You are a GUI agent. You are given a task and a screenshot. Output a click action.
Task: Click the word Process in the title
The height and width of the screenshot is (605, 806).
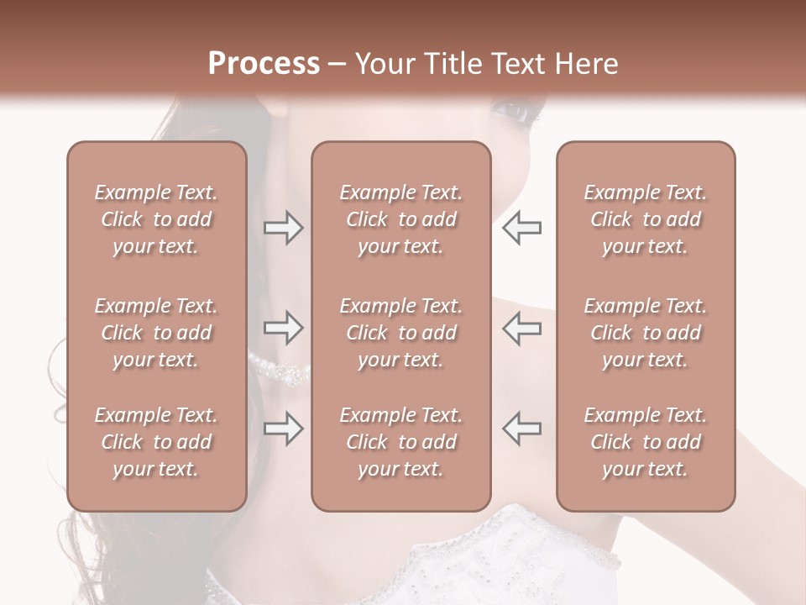pyautogui.click(x=264, y=64)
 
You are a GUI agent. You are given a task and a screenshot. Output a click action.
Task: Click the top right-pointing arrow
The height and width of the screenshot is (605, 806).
pyautogui.click(x=283, y=228)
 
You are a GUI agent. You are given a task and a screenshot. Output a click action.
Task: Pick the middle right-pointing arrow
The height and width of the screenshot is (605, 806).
pyautogui.click(x=283, y=329)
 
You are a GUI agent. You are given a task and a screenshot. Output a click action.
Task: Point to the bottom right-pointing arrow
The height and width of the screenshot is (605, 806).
pyautogui.click(x=283, y=429)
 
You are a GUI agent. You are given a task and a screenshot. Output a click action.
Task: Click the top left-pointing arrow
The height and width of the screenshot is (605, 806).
pyautogui.click(x=521, y=228)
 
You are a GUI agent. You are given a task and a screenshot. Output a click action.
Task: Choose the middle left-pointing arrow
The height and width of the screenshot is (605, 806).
pyautogui.click(x=521, y=329)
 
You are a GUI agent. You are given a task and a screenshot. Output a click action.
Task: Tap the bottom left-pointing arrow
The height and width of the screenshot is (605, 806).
pyautogui.click(x=521, y=429)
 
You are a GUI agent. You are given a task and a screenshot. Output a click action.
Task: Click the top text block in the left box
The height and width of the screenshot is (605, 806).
pyautogui.click(x=156, y=219)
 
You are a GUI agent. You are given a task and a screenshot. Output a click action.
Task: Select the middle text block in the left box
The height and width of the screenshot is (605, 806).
pyautogui.click(x=156, y=333)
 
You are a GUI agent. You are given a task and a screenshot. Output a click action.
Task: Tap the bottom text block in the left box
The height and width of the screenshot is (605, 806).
pyautogui.click(x=156, y=442)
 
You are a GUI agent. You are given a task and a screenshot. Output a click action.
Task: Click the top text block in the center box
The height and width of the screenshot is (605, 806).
pyautogui.click(x=400, y=219)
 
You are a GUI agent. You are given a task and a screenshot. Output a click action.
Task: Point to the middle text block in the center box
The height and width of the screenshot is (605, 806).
pyautogui.click(x=400, y=333)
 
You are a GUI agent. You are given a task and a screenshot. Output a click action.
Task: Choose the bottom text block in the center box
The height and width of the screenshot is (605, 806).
pyautogui.click(x=400, y=442)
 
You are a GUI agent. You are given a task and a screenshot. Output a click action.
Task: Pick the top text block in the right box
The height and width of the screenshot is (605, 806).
pyautogui.click(x=645, y=219)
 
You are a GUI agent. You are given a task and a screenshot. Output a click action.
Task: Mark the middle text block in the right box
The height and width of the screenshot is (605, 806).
pyautogui.click(x=645, y=333)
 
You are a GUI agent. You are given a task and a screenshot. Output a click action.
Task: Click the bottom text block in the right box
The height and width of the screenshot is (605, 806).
pyautogui.click(x=645, y=442)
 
